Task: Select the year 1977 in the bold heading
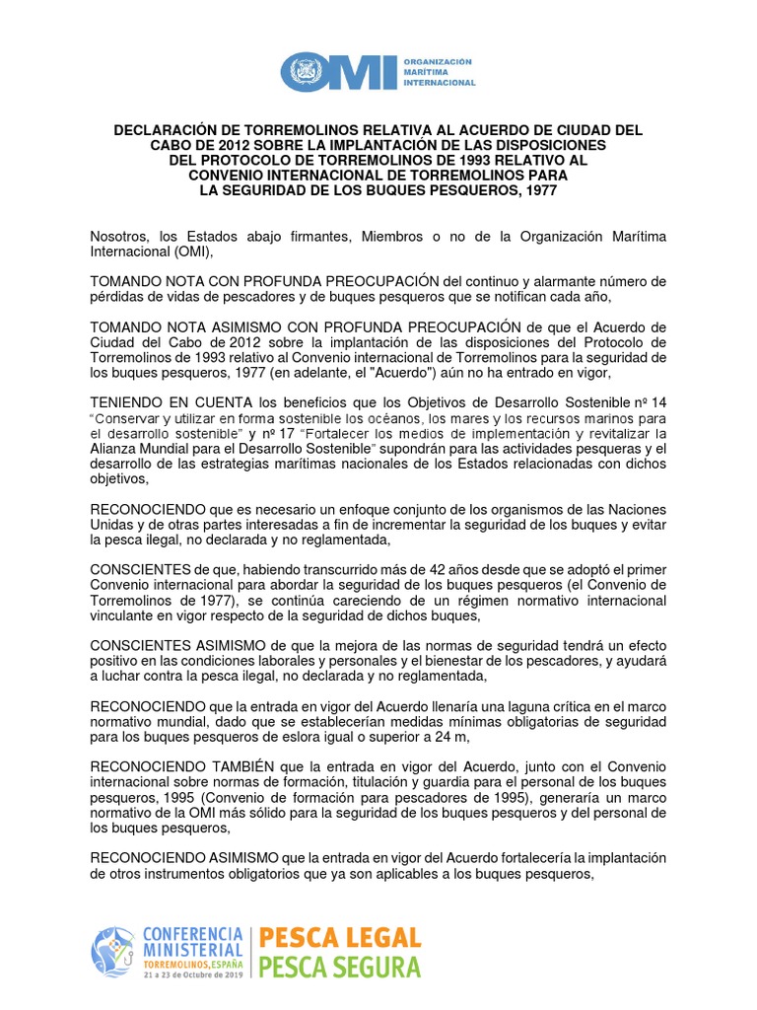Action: pyautogui.click(x=537, y=190)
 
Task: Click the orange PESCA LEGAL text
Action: pyautogui.click(x=339, y=937)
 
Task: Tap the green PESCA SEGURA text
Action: pyautogui.click(x=339, y=966)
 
